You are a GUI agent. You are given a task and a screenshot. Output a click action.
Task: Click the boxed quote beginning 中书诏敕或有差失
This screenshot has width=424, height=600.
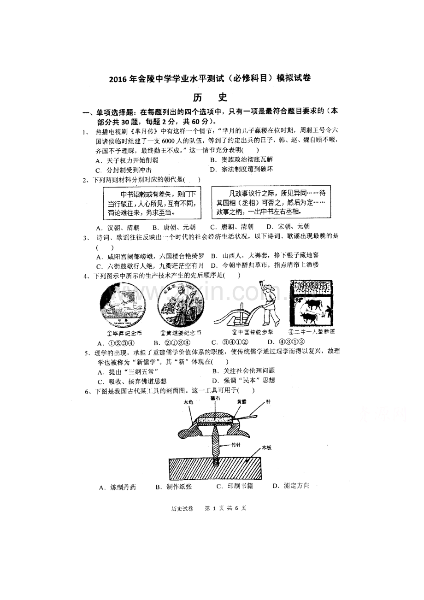coord(152,203)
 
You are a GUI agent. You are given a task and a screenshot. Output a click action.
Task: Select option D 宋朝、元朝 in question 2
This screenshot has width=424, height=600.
coord(288,227)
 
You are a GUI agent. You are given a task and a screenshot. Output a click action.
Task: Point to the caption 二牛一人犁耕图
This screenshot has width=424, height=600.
coord(311,332)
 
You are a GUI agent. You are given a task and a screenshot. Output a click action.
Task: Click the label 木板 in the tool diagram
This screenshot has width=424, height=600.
coord(267,447)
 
